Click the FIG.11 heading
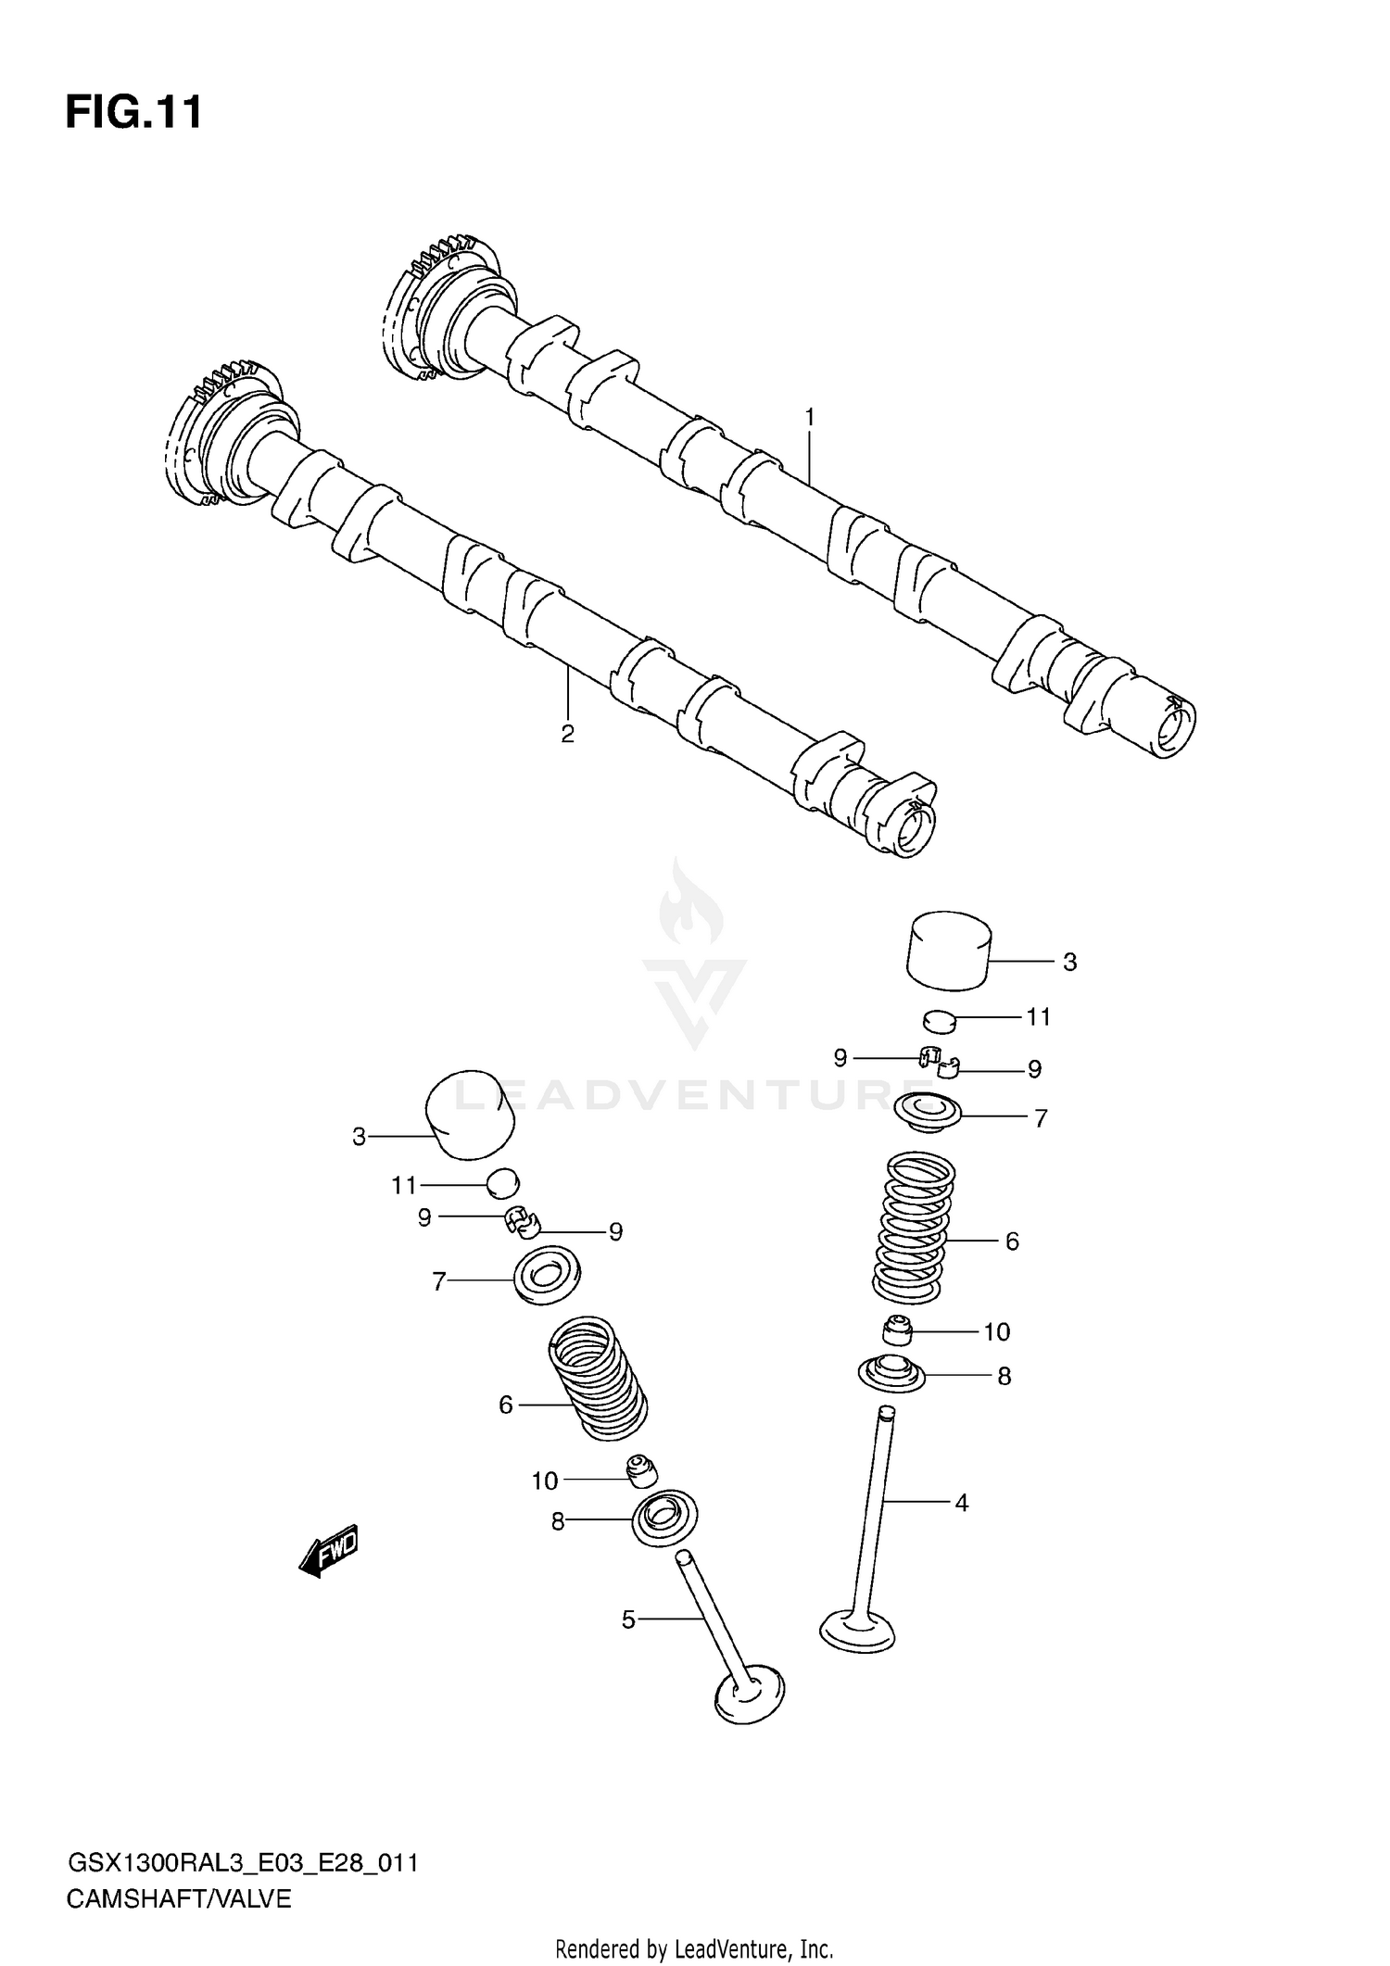[x=133, y=113]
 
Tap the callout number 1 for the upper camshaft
[x=809, y=417]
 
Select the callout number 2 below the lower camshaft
[x=567, y=734]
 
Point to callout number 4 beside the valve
[x=961, y=1503]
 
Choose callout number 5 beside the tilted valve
[x=628, y=1619]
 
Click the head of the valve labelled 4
[x=858, y=1632]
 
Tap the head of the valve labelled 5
[x=750, y=1695]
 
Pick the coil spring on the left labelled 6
[x=598, y=1379]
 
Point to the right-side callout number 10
[x=996, y=1332]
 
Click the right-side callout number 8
[x=1004, y=1377]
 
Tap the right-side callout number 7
[x=1040, y=1118]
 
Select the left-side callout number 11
[x=404, y=1185]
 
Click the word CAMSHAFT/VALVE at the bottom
[x=179, y=1892]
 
